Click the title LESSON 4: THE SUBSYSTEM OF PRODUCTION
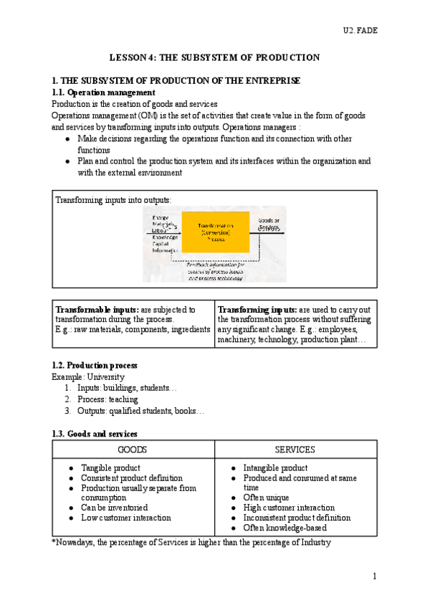214,57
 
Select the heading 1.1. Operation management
104,92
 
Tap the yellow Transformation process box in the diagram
215,232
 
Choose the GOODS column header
133,450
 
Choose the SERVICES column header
295,450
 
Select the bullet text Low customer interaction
126,517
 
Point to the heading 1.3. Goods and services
95,434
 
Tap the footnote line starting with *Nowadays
191,543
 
